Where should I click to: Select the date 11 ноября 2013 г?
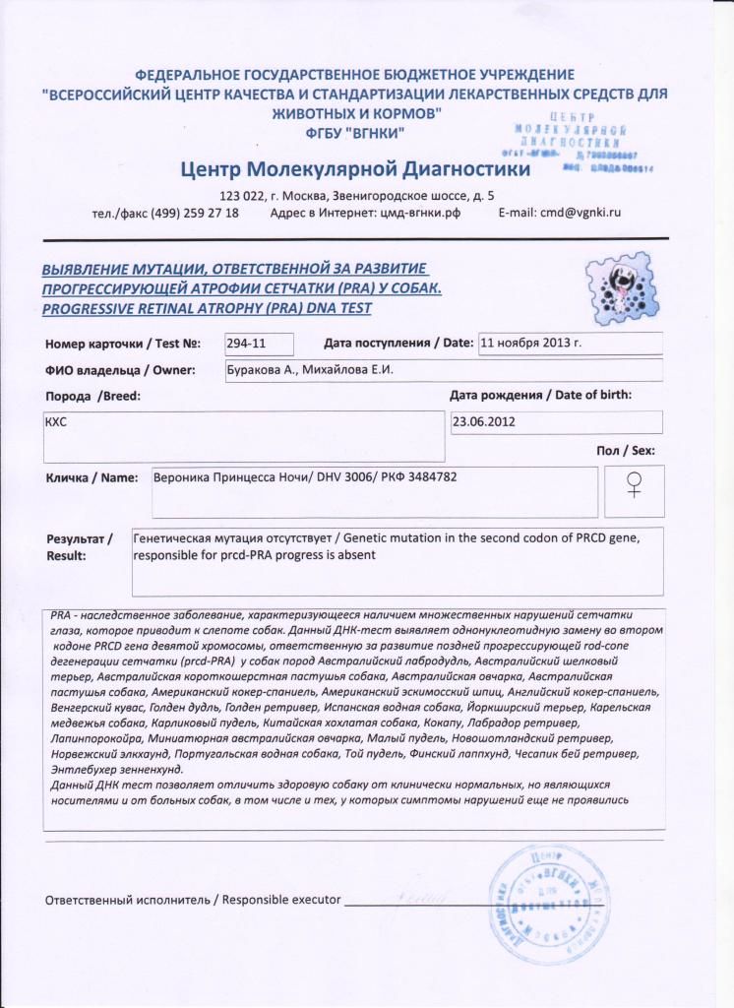(x=530, y=344)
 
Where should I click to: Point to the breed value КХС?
(x=56, y=419)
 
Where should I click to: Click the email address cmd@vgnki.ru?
(x=559, y=213)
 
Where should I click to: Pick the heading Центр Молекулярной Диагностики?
(x=355, y=170)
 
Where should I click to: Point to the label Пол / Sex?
(x=626, y=451)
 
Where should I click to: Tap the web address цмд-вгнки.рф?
(x=419, y=213)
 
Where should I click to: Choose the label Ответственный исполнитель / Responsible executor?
(x=193, y=900)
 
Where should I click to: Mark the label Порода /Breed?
(x=93, y=396)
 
